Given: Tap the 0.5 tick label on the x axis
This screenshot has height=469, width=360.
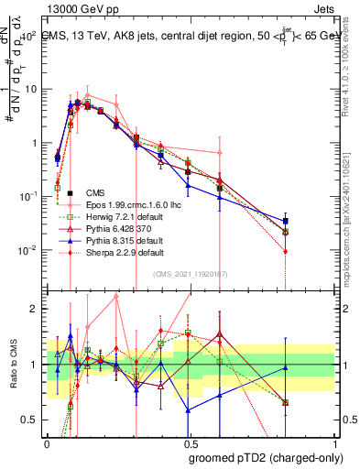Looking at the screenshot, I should pyautogui.click(x=190, y=442).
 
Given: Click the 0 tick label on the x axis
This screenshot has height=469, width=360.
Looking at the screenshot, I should pyautogui.click(x=47, y=442).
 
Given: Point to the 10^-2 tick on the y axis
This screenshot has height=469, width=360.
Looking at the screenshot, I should pyautogui.click(x=27, y=250).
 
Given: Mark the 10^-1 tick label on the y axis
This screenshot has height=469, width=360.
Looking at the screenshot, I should pyautogui.click(x=27, y=196).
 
